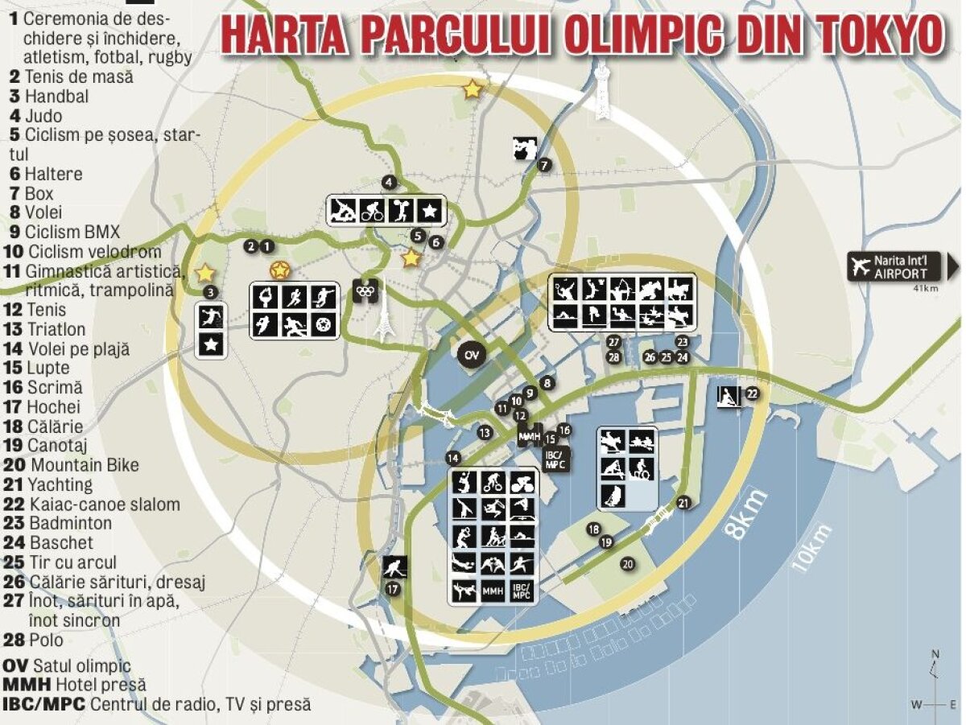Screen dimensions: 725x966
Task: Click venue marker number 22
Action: [x=753, y=393]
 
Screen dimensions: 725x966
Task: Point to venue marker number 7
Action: [x=545, y=166]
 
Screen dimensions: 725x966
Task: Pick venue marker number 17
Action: [x=393, y=589]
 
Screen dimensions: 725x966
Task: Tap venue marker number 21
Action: [x=683, y=504]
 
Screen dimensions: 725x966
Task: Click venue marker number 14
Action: [x=454, y=458]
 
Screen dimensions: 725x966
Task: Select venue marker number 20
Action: [x=627, y=564]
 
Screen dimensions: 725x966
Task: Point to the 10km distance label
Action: [x=811, y=549]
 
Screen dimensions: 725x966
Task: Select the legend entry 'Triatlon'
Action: [x=47, y=329]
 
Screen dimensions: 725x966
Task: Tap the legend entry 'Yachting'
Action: [x=51, y=484]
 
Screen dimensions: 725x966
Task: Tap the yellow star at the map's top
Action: [x=473, y=90]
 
